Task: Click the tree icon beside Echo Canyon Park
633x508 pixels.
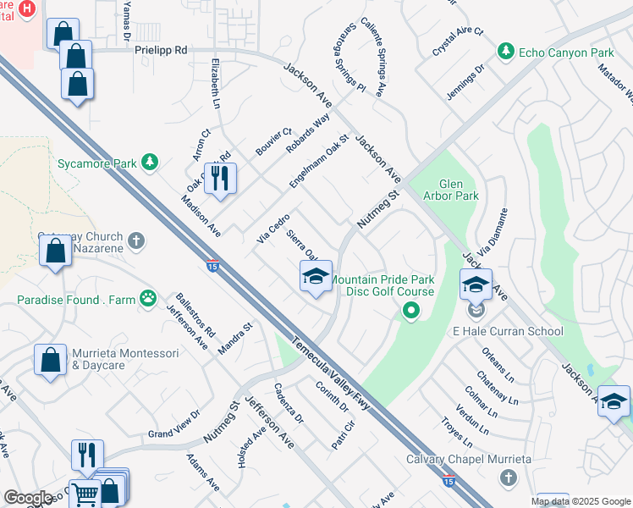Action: (x=506, y=52)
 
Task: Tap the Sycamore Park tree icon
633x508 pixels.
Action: (x=150, y=161)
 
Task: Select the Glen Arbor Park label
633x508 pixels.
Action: (x=459, y=190)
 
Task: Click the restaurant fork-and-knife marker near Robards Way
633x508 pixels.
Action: (x=220, y=179)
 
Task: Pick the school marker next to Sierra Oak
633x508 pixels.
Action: (x=316, y=276)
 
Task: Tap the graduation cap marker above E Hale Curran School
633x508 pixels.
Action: (x=476, y=284)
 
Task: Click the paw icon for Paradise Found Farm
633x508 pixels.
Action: (x=149, y=297)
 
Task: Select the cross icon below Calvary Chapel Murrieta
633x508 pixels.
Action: (x=508, y=478)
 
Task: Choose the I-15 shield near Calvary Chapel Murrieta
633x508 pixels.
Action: (x=448, y=480)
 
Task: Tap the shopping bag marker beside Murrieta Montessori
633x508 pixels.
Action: (x=50, y=359)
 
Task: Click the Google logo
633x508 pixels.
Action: (x=28, y=498)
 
